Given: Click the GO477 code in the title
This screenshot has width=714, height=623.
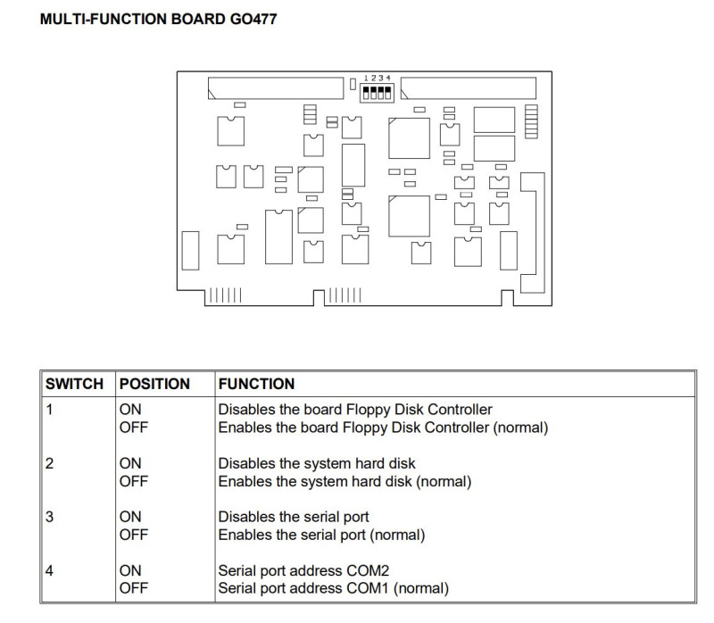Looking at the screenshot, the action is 253,19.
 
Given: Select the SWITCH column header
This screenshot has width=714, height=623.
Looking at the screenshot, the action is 74,384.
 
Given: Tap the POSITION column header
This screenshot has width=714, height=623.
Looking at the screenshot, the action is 154,384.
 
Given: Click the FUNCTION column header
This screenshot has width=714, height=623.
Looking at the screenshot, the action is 256,384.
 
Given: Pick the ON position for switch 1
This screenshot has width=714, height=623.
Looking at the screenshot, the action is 130,410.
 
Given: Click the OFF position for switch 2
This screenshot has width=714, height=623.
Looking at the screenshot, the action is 133,481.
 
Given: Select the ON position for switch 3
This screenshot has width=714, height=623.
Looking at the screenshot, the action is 130,517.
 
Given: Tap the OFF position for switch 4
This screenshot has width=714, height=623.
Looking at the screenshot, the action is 133,588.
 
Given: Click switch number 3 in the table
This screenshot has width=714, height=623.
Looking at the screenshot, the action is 50,517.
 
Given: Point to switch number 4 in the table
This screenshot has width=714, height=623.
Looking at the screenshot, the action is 50,570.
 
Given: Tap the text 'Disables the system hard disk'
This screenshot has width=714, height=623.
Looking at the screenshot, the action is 317,463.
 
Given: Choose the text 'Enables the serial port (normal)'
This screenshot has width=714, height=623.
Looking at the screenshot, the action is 321,535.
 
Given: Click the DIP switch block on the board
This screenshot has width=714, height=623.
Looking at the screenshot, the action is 377,93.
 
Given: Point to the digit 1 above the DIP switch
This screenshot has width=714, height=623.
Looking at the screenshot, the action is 366,79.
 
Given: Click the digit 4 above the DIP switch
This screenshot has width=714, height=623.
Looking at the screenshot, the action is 388,79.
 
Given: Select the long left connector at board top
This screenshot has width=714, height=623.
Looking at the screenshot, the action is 276,87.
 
